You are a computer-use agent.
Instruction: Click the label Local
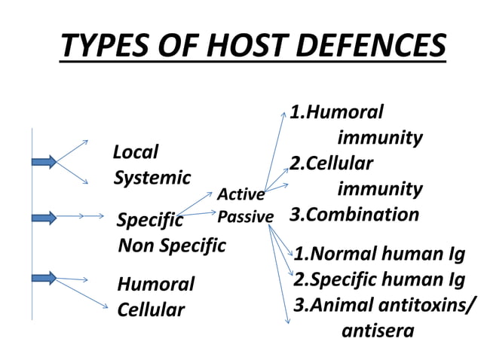136,152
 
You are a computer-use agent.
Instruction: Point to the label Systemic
152,178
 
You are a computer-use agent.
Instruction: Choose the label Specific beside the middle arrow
150,220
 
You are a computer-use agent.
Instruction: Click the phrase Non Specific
172,245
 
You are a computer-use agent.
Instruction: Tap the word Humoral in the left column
155,284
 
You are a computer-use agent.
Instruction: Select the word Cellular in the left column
151,310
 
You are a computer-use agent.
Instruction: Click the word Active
240,196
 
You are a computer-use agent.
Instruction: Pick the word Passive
245,217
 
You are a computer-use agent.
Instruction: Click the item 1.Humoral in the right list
337,112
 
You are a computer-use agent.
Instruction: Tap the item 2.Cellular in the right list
332,163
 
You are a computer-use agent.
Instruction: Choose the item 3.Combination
354,214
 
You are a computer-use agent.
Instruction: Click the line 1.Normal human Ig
379,253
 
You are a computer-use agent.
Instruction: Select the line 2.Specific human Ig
379,279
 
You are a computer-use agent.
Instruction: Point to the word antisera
378,330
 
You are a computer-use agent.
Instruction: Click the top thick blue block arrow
44,161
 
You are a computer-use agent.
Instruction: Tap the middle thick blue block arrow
44,218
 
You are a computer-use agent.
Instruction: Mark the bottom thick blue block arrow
44,278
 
